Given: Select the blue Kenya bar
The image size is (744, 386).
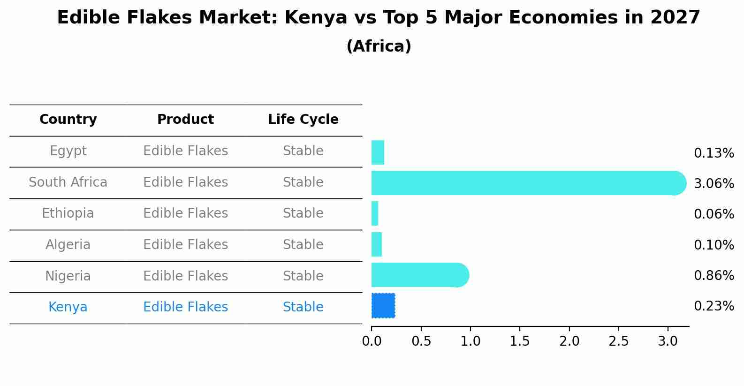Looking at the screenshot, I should click(383, 306).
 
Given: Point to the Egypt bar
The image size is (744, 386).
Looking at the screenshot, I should click(378, 152).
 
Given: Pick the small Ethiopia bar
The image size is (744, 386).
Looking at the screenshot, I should click(375, 214).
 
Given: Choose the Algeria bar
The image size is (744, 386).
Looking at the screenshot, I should click(377, 244).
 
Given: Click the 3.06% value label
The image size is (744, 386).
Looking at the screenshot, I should click(714, 183).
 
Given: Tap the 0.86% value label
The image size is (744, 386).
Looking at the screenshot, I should click(714, 275).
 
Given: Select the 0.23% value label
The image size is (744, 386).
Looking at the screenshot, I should click(714, 306).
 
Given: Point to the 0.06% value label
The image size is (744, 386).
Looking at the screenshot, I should click(714, 214).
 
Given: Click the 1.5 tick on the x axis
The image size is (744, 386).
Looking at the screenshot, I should click(520, 341).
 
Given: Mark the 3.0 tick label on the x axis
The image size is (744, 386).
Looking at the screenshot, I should click(668, 341).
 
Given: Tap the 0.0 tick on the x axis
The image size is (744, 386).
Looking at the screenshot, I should click(372, 341).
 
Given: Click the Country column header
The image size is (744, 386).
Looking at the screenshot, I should click(68, 120).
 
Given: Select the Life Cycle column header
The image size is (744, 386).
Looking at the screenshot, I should click(303, 120).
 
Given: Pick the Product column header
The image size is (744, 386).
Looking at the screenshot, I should click(185, 120).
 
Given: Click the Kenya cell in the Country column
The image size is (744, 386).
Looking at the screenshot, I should click(68, 307).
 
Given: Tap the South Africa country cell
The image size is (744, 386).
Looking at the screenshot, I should click(68, 182).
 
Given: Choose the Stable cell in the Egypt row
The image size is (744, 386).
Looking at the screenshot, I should click(303, 151).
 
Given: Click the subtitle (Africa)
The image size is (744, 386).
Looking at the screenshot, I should click(379, 46).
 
